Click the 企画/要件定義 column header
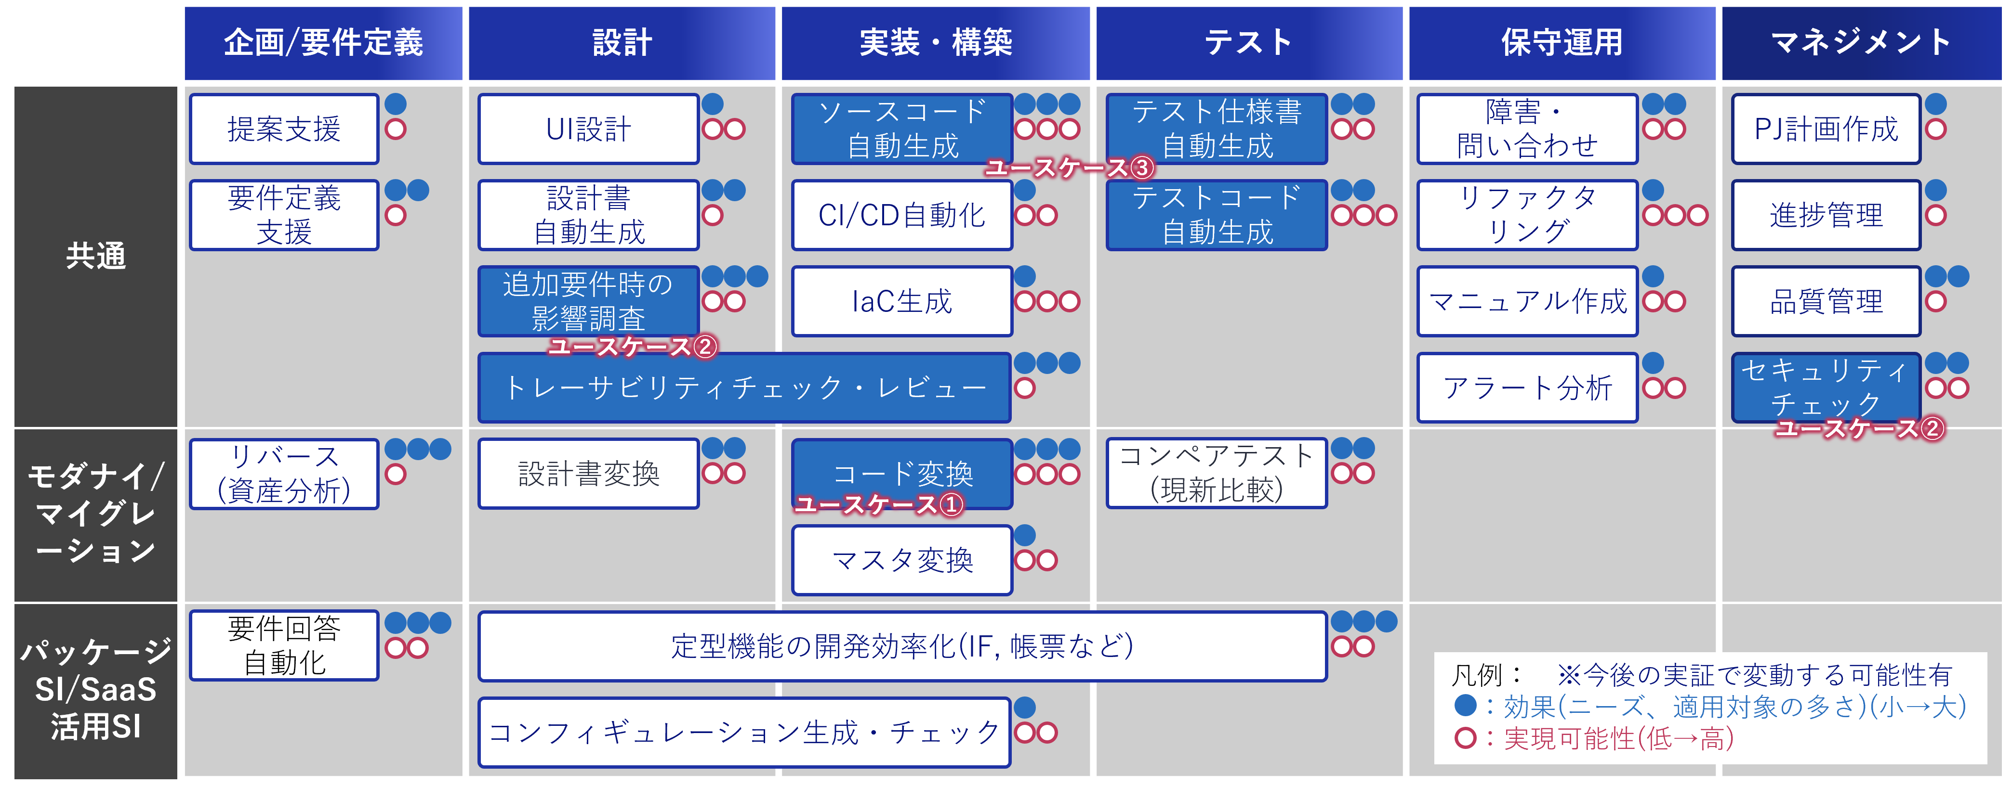pyautogui.click(x=323, y=43)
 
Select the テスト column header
pyautogui.click(x=1248, y=43)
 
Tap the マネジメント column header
pyautogui.click(x=1861, y=43)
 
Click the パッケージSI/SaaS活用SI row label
pyautogui.click(x=95, y=689)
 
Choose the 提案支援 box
pyautogui.click(x=283, y=129)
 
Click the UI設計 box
pyautogui.click(x=588, y=129)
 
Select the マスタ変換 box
pyautogui.click(x=901, y=560)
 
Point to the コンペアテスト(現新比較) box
pyautogui.click(x=1216, y=473)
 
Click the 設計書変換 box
pyautogui.click(x=588, y=474)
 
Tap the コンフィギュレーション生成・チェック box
pyautogui.click(x=744, y=732)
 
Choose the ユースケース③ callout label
pyautogui.click(x=1069, y=167)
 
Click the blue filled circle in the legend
pyautogui.click(x=1465, y=706)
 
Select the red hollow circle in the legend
pyautogui.click(x=1465, y=737)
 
